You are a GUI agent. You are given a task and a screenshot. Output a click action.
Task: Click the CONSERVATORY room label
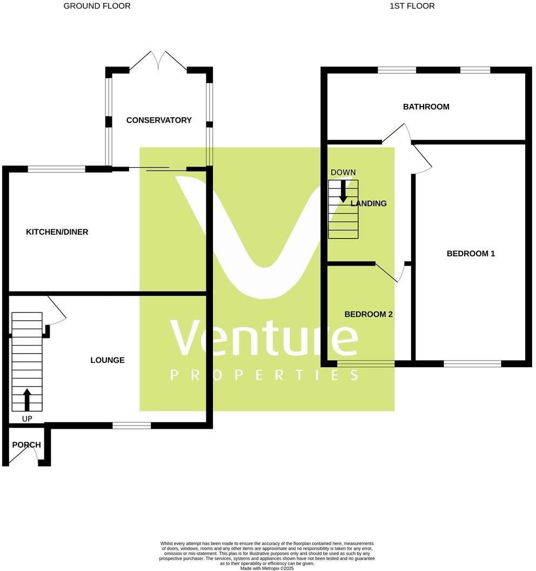click(x=159, y=120)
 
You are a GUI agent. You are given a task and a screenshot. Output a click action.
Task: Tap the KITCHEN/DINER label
click(x=57, y=232)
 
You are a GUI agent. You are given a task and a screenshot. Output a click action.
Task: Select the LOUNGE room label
click(x=108, y=360)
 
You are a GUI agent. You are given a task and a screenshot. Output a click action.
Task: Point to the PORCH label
click(x=26, y=444)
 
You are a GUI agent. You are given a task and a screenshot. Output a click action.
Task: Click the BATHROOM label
click(x=426, y=107)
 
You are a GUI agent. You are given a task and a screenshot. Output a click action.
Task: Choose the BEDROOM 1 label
click(x=471, y=254)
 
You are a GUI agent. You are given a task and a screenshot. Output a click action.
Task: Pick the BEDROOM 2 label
click(x=368, y=314)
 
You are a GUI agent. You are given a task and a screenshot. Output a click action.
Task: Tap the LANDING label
click(x=368, y=203)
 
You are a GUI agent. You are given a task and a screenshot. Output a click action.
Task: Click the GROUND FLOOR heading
click(x=97, y=6)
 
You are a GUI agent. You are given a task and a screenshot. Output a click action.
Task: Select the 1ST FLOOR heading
click(x=412, y=6)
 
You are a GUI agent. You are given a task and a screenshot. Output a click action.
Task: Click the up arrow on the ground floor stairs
click(x=27, y=400)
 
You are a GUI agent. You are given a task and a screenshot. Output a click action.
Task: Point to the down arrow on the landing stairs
click(x=343, y=191)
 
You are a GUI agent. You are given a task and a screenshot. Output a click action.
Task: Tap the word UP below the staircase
click(x=27, y=419)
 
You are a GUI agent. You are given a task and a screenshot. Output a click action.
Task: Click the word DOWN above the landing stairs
click(x=343, y=172)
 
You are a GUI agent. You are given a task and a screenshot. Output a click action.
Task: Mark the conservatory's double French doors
click(x=158, y=61)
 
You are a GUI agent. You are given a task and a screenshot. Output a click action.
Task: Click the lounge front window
click(x=131, y=426)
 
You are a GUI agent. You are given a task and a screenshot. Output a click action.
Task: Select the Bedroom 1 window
click(x=472, y=363)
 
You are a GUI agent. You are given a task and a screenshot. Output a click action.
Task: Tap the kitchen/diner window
click(x=56, y=169)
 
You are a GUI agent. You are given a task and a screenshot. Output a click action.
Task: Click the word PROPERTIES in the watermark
click(x=265, y=375)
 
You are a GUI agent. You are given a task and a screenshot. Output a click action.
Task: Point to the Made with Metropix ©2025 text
click(x=267, y=568)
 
